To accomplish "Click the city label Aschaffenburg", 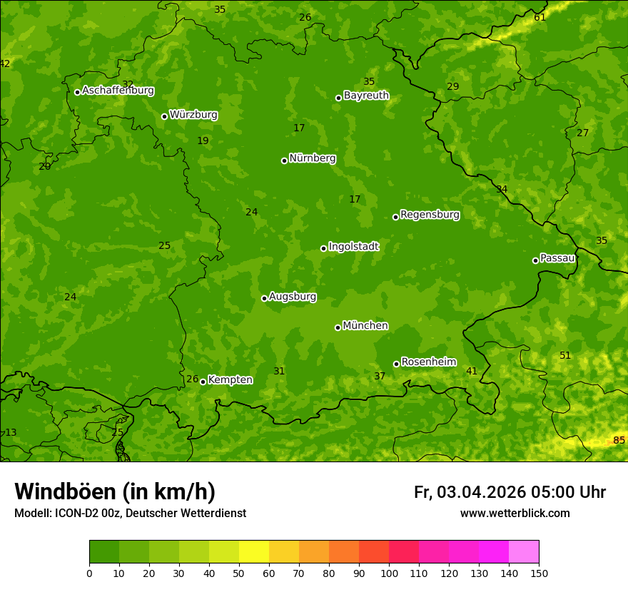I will click(118, 91).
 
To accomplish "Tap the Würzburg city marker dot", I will click(164, 116).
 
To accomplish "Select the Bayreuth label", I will click(366, 95).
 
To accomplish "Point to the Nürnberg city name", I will click(312, 158).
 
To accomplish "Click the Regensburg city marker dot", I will click(395, 217).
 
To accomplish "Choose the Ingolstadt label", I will click(353, 247).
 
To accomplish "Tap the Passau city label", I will click(557, 258).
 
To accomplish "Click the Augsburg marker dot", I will click(264, 298).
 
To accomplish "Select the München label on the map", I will click(365, 326).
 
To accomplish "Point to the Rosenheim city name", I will click(428, 362).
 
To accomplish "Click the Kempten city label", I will click(230, 380).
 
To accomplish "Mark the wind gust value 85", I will click(619, 440).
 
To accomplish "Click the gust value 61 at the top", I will click(540, 17).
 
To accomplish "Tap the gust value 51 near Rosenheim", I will click(565, 355).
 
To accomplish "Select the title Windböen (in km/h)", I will click(115, 491).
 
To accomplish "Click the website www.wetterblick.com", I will click(515, 514).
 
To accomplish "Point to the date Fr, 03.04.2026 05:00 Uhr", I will click(510, 492).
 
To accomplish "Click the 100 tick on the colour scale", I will click(389, 573).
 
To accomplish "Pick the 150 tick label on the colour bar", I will click(539, 573).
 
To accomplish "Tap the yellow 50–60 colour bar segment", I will click(254, 552).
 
